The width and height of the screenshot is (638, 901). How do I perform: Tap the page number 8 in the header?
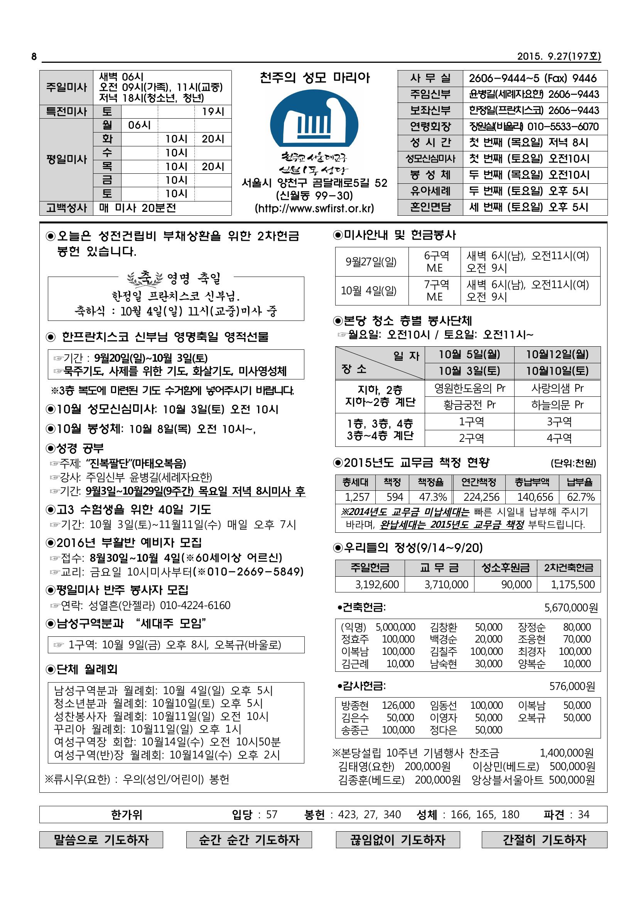point(34,57)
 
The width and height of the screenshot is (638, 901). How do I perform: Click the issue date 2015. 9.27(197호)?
point(559,57)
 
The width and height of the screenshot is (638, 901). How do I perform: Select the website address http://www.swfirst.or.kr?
point(314,208)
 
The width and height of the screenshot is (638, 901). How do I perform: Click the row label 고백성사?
point(66,208)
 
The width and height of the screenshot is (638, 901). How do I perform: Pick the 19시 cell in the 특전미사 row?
point(213,112)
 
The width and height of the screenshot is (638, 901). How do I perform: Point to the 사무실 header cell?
point(430,79)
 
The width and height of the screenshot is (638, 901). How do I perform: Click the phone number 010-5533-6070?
point(562,127)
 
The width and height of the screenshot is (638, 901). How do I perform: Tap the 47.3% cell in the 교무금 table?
point(432,497)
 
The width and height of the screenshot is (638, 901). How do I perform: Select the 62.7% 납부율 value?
point(580,497)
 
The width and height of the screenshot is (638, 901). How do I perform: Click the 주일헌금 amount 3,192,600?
point(377,585)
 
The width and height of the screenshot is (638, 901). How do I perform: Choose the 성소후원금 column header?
point(505,567)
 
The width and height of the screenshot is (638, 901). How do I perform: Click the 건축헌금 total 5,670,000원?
point(571,608)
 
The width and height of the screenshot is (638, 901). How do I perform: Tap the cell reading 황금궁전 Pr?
point(469,404)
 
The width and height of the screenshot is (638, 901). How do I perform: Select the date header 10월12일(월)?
point(557,355)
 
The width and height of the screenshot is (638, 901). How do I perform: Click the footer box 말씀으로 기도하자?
point(101,840)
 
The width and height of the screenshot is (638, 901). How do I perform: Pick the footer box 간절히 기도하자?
point(544,840)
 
